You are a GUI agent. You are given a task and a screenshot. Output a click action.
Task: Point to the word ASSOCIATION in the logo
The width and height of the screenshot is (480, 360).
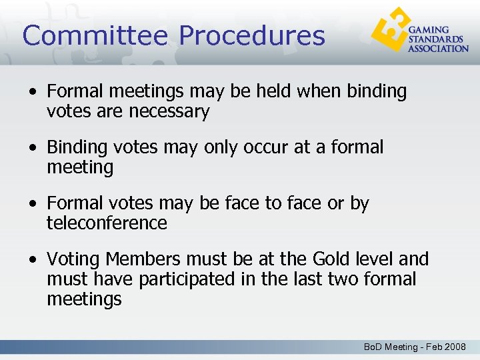pos(438,48)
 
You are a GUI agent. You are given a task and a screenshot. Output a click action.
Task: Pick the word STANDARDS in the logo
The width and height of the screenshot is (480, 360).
pos(434,39)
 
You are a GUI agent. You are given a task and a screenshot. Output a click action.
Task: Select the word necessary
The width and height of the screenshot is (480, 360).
pos(169,111)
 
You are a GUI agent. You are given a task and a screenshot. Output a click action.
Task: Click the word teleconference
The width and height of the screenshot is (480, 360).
pos(107,223)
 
